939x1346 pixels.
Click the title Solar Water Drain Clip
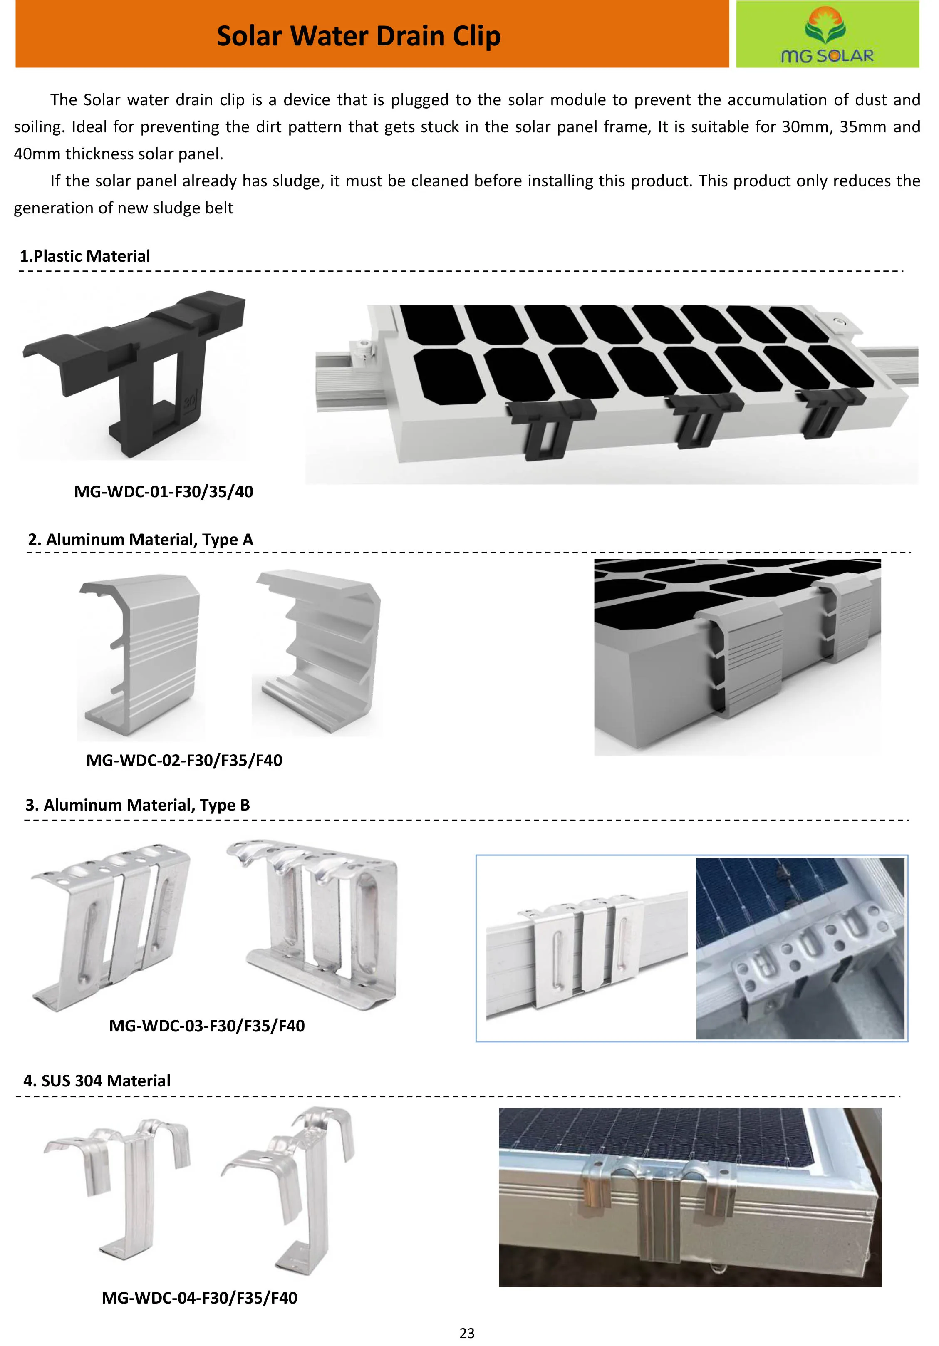click(x=358, y=36)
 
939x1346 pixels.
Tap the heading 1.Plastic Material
click(x=85, y=256)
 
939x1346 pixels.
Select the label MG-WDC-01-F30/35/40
click(x=164, y=491)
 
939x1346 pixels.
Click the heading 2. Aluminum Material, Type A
click(x=141, y=539)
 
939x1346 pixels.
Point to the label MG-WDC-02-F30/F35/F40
click(x=184, y=760)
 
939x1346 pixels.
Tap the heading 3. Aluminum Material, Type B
click(x=138, y=805)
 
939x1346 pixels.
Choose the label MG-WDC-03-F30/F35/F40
click(x=207, y=1026)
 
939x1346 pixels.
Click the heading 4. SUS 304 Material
click(x=97, y=1081)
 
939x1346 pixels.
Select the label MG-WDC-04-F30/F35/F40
click(x=199, y=1298)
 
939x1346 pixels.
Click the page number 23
click(x=467, y=1334)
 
